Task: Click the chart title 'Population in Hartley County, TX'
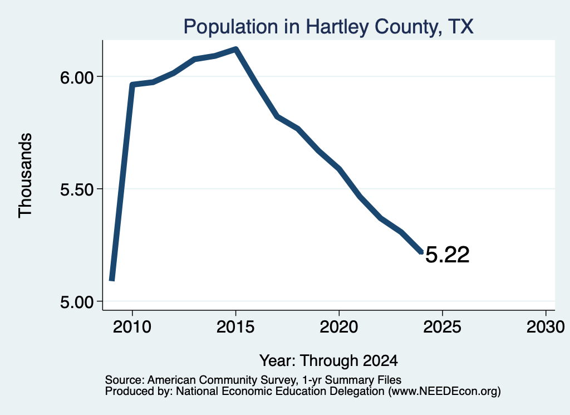328,27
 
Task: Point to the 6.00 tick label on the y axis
77,77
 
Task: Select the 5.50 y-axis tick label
77,189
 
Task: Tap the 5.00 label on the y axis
77,302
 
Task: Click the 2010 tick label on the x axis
132,327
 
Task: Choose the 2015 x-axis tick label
235,327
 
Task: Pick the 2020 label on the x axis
339,327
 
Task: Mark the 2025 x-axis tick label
442,327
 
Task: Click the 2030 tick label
546,327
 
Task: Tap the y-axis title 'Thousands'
25,175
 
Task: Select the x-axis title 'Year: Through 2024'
328,361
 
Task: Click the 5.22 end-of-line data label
447,255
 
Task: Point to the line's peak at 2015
236,49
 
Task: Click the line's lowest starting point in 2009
112,279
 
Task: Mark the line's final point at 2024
421,252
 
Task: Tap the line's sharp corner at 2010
132,85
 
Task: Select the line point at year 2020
339,169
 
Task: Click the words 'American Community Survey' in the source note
221,380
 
